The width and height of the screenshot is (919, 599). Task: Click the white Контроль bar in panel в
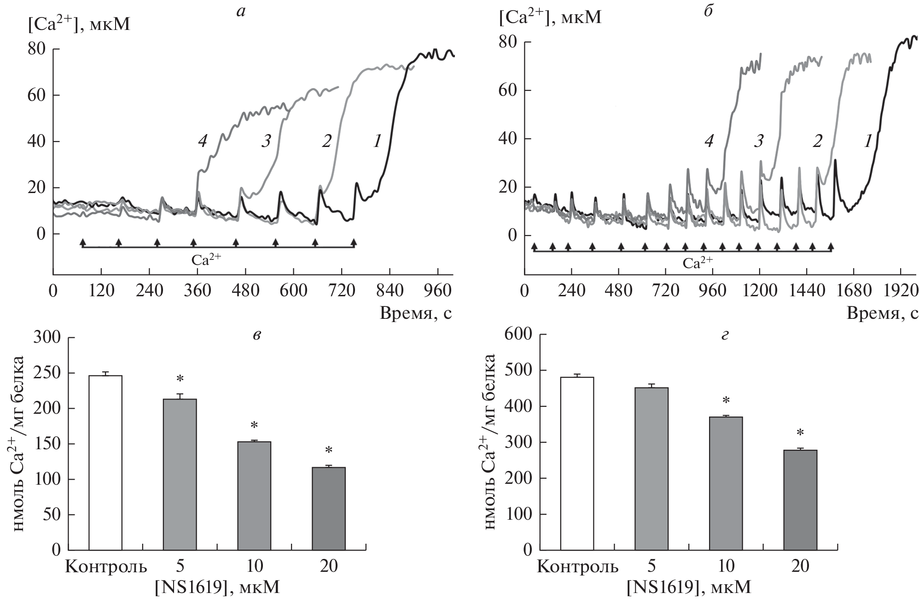[x=105, y=463]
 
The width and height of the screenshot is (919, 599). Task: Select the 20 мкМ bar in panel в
[x=328, y=508]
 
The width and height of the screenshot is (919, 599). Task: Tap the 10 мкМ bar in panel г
[x=726, y=483]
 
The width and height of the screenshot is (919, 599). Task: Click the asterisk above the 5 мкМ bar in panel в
[x=180, y=380]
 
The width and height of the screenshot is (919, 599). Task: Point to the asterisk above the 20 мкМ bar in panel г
[x=800, y=433]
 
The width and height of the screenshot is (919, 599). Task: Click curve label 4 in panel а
[x=203, y=141]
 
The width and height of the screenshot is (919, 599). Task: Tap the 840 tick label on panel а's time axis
[x=390, y=291]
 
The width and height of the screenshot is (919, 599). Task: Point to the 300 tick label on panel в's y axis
[x=47, y=337]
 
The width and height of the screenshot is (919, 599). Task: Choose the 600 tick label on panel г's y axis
[x=518, y=335]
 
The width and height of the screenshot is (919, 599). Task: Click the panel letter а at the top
[x=240, y=12]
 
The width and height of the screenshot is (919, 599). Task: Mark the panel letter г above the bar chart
[x=725, y=335]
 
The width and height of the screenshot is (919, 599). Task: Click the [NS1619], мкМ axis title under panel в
[x=217, y=587]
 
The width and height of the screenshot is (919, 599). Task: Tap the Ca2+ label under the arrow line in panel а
[x=206, y=259]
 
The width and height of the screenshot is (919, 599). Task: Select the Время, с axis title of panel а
[x=415, y=313]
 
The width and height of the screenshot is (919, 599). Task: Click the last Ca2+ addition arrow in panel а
[x=354, y=242]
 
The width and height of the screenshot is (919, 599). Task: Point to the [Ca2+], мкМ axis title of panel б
[x=550, y=17]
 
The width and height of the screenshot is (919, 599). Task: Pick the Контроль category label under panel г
[x=577, y=566]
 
